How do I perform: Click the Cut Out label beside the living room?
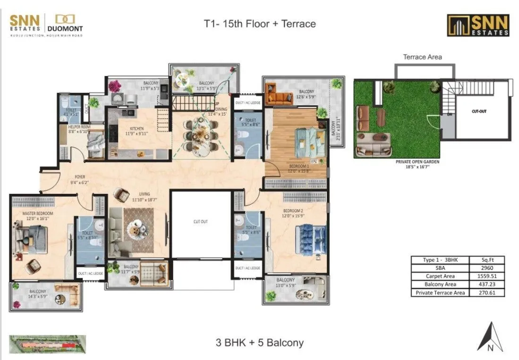tap(200, 221)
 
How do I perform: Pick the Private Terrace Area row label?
tap(440, 293)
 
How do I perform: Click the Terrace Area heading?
tap(422, 57)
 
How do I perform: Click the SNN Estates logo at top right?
tap(478, 25)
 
